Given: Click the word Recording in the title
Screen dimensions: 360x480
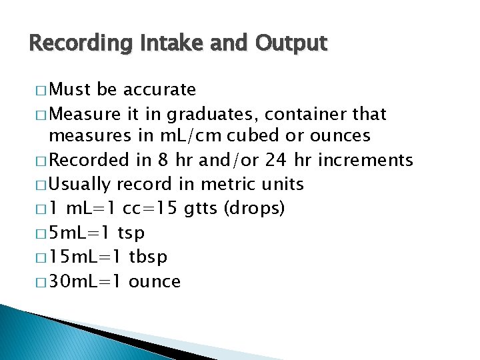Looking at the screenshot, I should click(72, 44).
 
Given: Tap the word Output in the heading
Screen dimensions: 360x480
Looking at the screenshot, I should click(291, 44).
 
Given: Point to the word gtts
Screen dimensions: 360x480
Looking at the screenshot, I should click(200, 209).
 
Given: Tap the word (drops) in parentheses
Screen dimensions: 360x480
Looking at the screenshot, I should click(255, 209).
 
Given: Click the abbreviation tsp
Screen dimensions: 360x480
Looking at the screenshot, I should click(131, 233).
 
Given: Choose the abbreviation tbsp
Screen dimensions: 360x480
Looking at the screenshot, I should click(147, 257).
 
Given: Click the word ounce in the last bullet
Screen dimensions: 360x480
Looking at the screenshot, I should click(155, 281).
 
